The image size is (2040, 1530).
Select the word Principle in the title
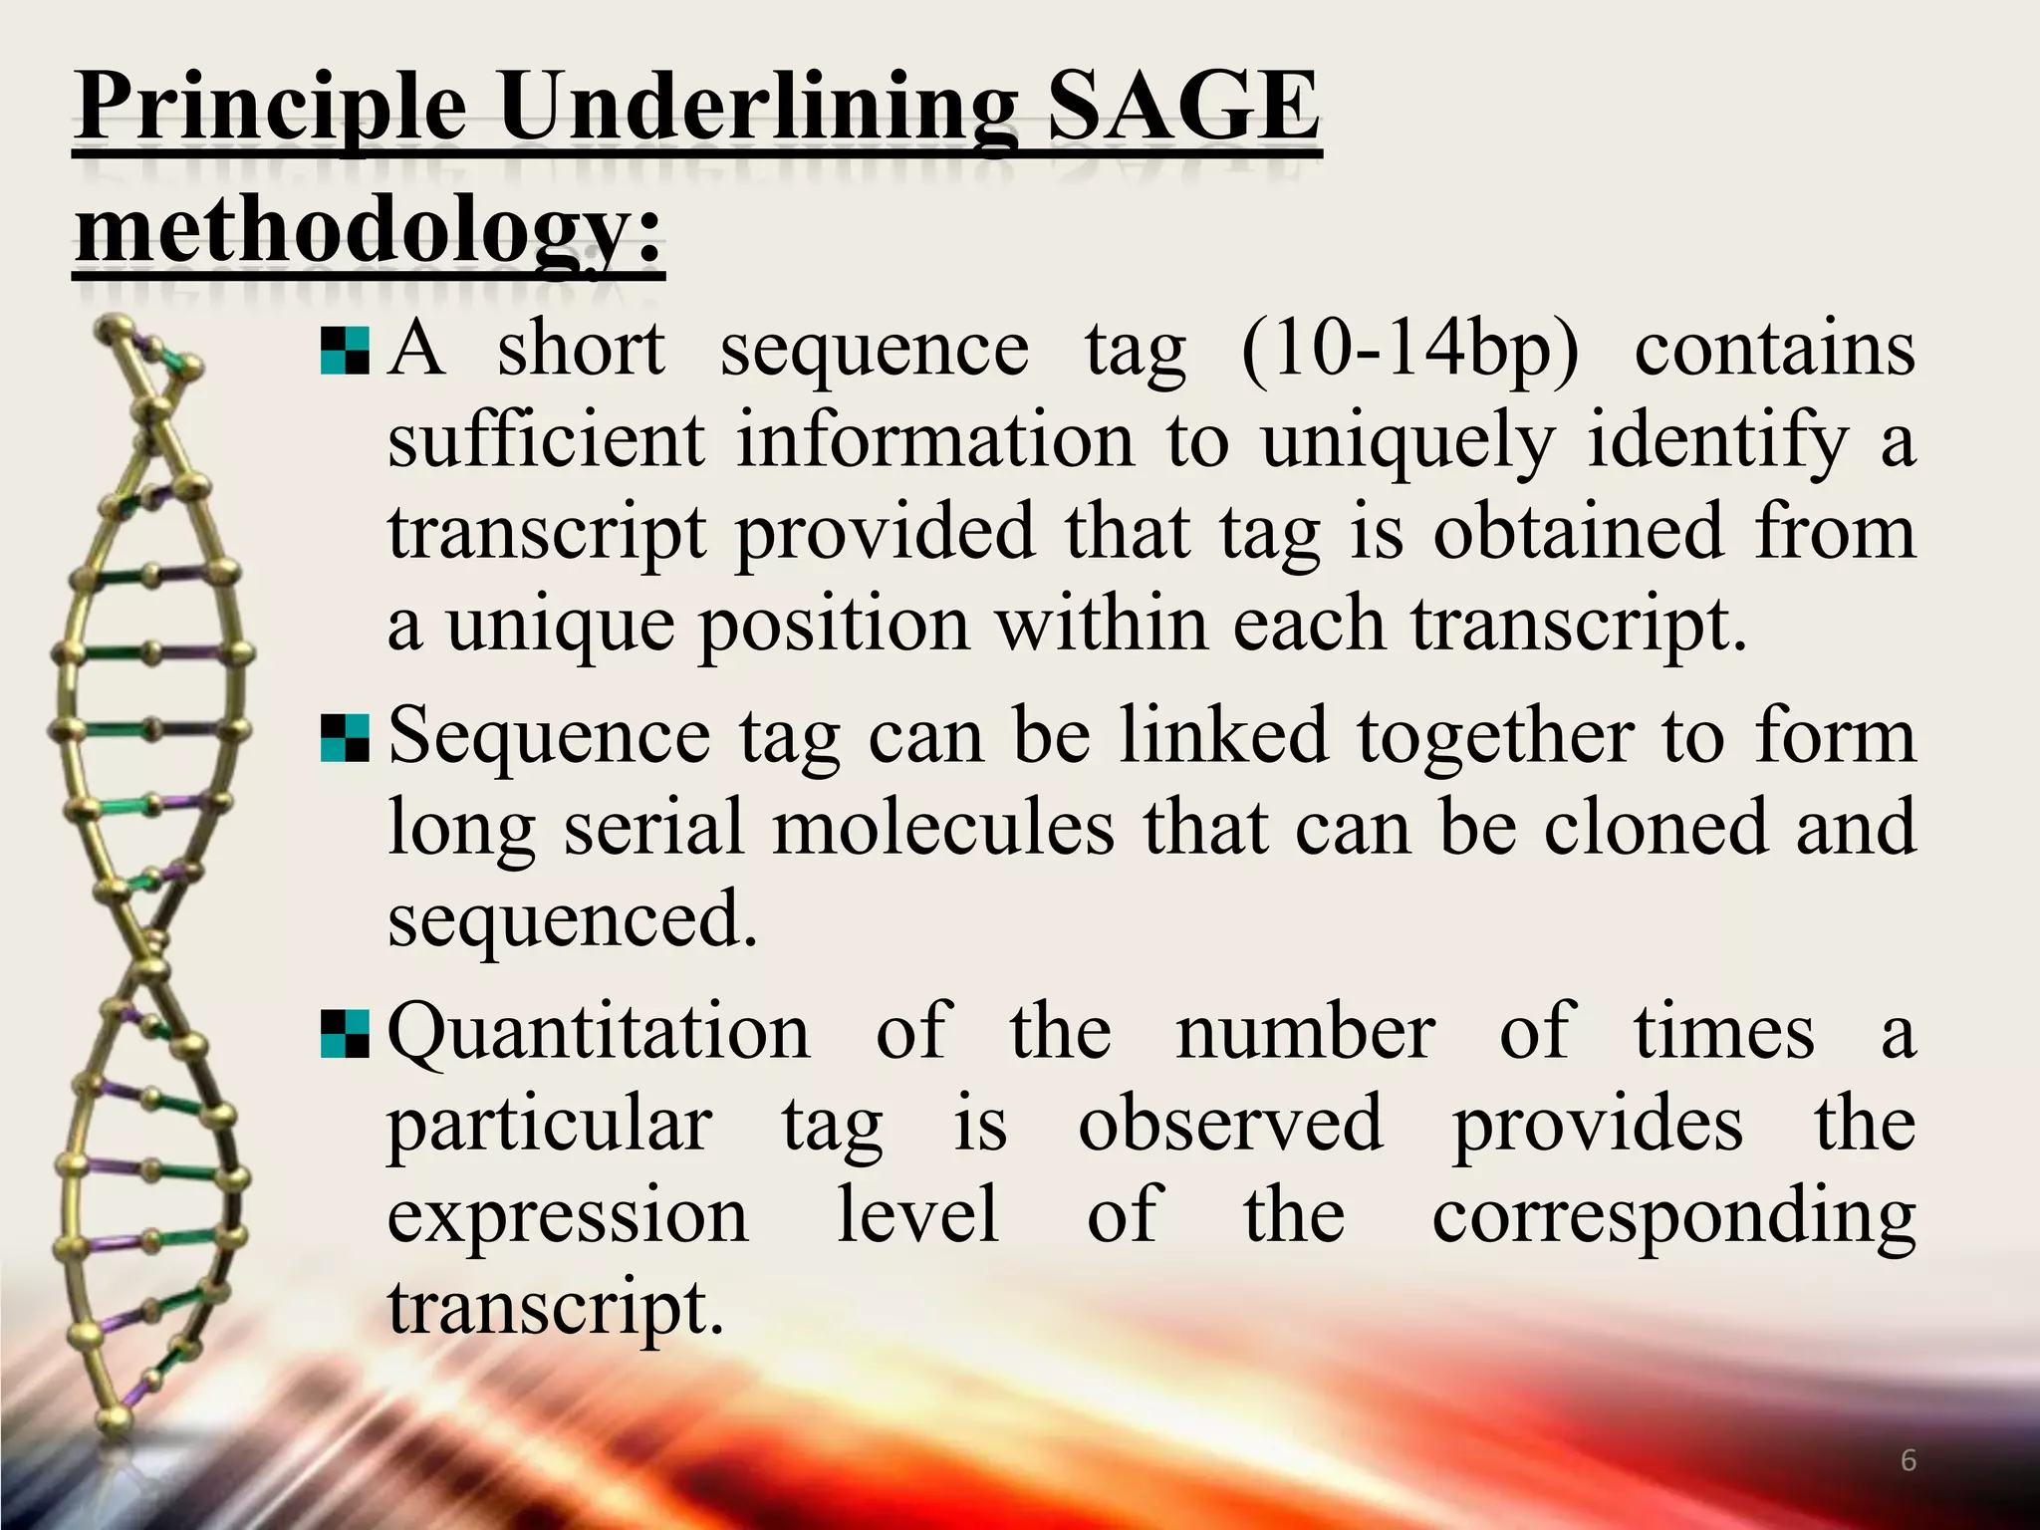pyautogui.click(x=271, y=112)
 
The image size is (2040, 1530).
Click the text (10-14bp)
pyautogui.click(x=1410, y=351)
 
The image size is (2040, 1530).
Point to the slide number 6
pyautogui.click(x=1909, y=1461)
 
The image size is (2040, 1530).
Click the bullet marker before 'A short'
pyautogui.click(x=345, y=352)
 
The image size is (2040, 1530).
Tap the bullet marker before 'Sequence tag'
pyautogui.click(x=345, y=739)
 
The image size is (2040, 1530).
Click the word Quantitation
pyautogui.click(x=599, y=1034)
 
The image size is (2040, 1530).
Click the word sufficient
pyautogui.click(x=546, y=441)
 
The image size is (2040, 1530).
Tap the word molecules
pyautogui.click(x=942, y=828)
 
